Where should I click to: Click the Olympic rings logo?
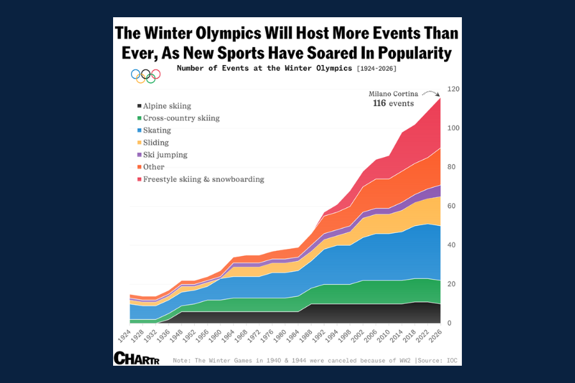click(x=145, y=75)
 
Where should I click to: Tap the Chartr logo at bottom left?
click(x=136, y=358)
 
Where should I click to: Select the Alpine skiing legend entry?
click(x=167, y=106)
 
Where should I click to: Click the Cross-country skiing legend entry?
click(x=181, y=118)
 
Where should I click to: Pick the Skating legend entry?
click(x=157, y=130)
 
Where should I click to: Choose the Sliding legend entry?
click(x=156, y=142)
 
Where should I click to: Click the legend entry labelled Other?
click(x=153, y=167)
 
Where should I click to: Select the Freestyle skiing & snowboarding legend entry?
click(x=203, y=179)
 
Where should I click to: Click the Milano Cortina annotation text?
click(x=393, y=94)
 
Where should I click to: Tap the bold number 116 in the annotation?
click(x=379, y=103)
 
